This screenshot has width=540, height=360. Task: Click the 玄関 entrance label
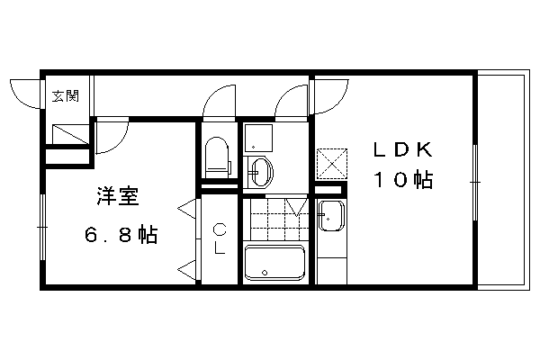[66, 96]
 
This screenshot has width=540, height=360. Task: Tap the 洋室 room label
[118, 196]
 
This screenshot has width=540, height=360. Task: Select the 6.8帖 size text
[121, 235]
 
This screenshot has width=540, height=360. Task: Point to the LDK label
[403, 150]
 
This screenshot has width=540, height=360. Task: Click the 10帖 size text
[403, 179]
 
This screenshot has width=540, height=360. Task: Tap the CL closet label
[220, 238]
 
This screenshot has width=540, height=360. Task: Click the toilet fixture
[217, 157]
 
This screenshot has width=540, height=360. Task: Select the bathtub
[274, 263]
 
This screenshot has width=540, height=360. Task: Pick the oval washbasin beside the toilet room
[263, 171]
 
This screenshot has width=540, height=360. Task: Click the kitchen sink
[331, 216]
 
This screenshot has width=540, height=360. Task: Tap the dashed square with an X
[332, 164]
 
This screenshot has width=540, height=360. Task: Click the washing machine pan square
[258, 138]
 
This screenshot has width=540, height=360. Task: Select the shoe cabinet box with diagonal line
[70, 135]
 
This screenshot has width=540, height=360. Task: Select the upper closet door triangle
[187, 209]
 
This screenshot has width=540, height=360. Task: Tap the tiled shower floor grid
[280, 219]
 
